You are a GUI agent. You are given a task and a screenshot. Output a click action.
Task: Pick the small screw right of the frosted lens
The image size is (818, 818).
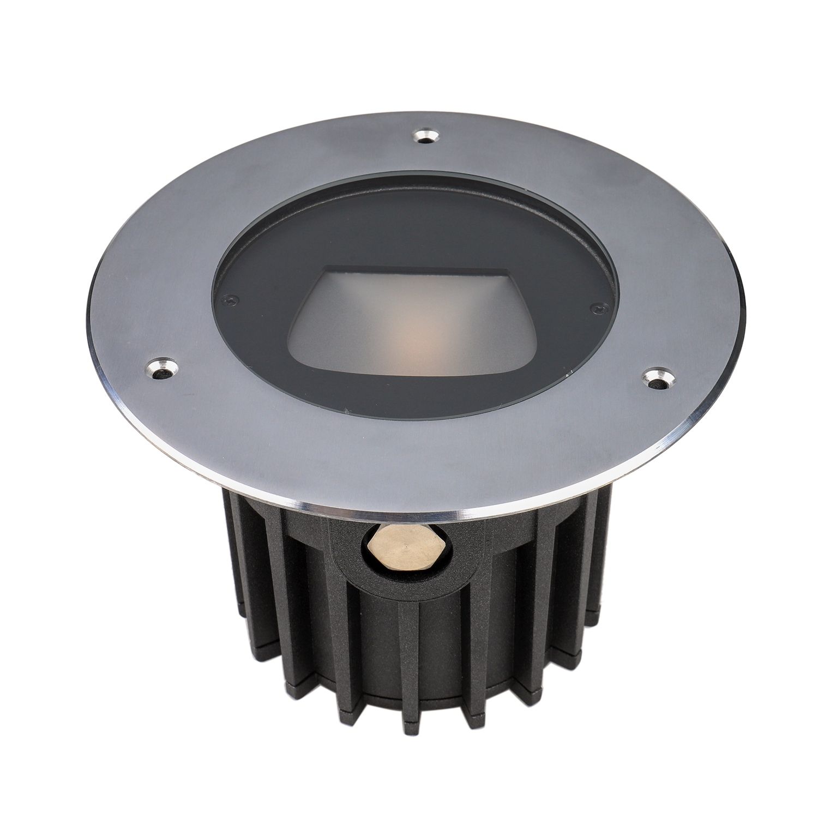[x=596, y=309]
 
